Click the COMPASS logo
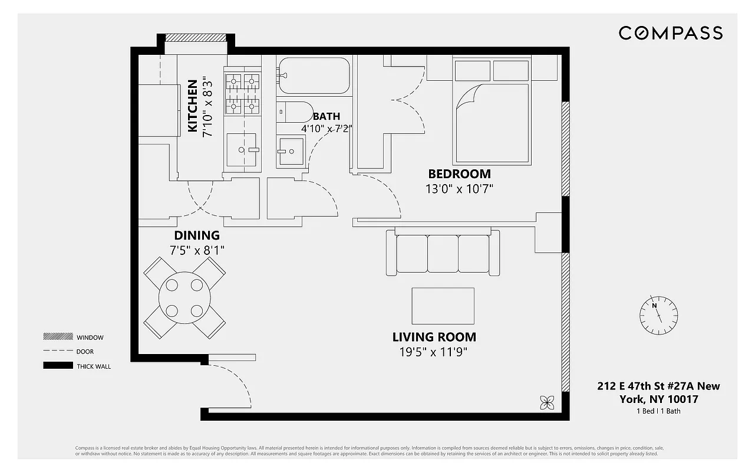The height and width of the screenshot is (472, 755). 670,33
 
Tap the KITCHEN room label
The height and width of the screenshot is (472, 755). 193,106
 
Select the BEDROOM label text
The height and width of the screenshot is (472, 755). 459,174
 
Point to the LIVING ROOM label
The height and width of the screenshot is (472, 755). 434,337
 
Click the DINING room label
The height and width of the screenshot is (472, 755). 197,236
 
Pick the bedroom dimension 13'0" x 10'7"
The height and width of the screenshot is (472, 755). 459,189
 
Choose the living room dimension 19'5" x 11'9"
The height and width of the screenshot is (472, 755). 434,353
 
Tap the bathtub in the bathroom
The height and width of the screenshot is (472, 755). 314,76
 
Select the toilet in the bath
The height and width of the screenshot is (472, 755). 295,112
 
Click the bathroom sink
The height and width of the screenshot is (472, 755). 291,152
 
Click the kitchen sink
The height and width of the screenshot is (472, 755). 242,150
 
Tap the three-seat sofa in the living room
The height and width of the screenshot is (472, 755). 443,254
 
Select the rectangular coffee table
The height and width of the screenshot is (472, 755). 443,306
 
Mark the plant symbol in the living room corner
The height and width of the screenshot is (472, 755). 547,402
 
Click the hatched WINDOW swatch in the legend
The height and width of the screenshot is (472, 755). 57,337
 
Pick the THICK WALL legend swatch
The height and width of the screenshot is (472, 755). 57,366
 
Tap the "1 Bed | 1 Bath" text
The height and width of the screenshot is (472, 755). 658,411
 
